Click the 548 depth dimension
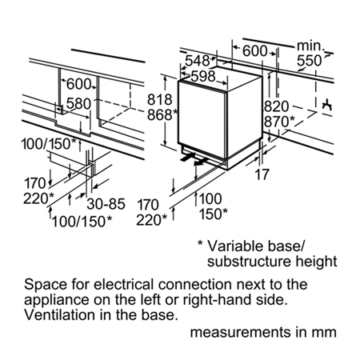pyautogui.click(x=198, y=61)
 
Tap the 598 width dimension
pyautogui.click(x=203, y=77)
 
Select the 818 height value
pyautogui.click(x=160, y=100)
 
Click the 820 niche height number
pyautogui.click(x=277, y=106)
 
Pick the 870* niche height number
pyautogui.click(x=279, y=122)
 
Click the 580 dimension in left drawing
pyautogui.click(x=78, y=104)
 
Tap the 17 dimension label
pyautogui.click(x=262, y=174)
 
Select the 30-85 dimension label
pyautogui.click(x=106, y=204)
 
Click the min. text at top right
pyautogui.click(x=310, y=46)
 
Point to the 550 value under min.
pyautogui.click(x=310, y=61)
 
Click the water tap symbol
pyautogui.click(x=326, y=105)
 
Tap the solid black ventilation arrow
pyautogui.click(x=187, y=158)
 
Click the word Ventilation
pyautogui.click(x=59, y=314)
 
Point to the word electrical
pyautogui.click(x=124, y=284)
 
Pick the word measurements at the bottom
pyautogui.click(x=240, y=332)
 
